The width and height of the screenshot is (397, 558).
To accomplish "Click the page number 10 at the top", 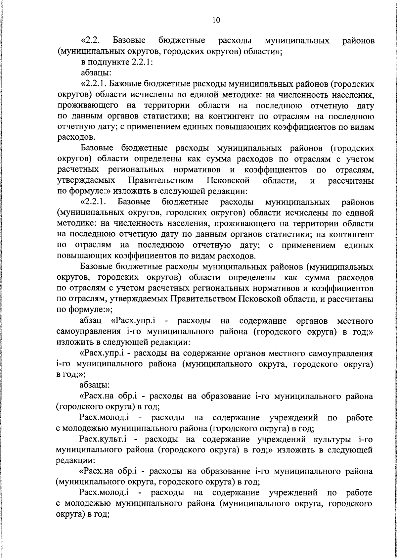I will [x=216, y=20].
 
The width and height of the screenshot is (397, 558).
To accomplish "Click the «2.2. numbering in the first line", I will [x=90, y=41].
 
